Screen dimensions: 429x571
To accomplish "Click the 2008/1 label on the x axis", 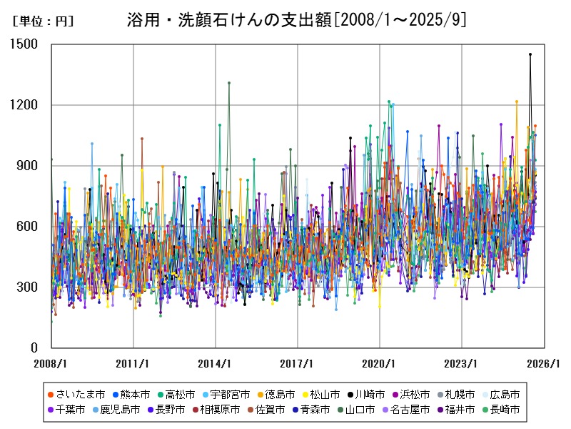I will coord(51,363).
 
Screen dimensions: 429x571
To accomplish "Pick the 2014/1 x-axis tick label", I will coord(215,363).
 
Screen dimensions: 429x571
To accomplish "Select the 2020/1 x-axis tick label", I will coord(379,363).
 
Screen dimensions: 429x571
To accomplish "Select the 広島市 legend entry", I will coord(504,395).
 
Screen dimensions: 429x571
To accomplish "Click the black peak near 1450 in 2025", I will coord(530,54).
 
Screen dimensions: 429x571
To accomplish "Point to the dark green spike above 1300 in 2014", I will coord(229,83).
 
